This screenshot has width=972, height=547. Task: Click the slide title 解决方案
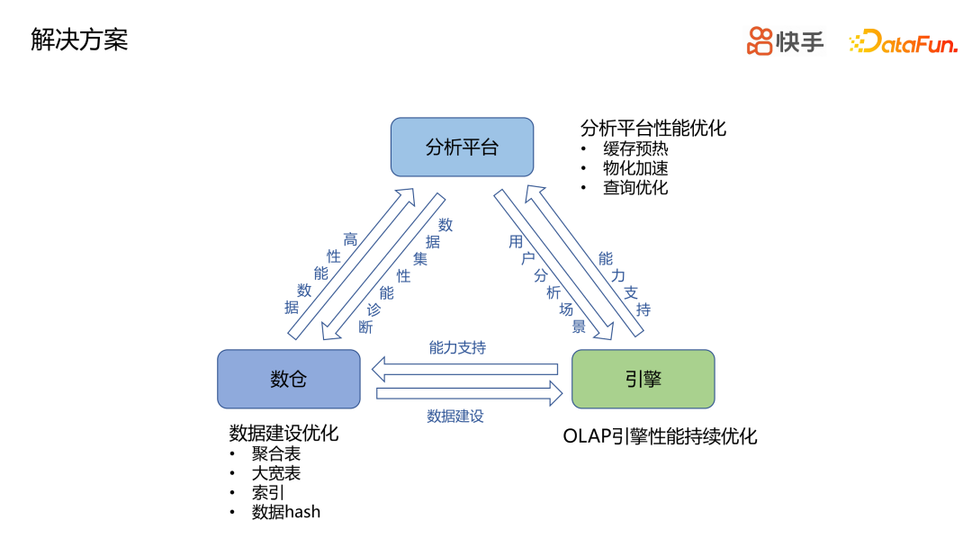pos(79,40)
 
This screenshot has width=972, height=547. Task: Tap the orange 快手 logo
pos(785,40)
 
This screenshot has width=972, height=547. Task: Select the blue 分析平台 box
pos(462,147)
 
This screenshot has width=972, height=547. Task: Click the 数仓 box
pos(289,379)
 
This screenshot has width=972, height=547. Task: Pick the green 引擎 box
pos(643,379)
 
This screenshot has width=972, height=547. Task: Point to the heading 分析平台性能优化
pos(652,128)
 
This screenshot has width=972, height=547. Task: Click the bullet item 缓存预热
pos(635,148)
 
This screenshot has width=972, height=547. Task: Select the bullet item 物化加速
pos(635,168)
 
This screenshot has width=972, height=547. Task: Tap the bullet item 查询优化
pos(635,187)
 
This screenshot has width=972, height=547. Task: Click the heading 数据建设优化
pos(283,433)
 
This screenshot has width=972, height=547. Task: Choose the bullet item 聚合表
pos(276,454)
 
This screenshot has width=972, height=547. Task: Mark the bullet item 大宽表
pos(276,473)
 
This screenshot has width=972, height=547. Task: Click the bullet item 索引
pos(268,493)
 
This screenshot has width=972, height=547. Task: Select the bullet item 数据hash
pos(286,512)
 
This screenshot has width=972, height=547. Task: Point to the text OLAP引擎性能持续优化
pos(660,436)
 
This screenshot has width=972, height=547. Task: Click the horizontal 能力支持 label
pos(457,347)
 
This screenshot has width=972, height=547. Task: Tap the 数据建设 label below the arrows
pos(455,416)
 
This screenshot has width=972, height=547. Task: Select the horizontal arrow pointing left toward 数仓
pos(465,369)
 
